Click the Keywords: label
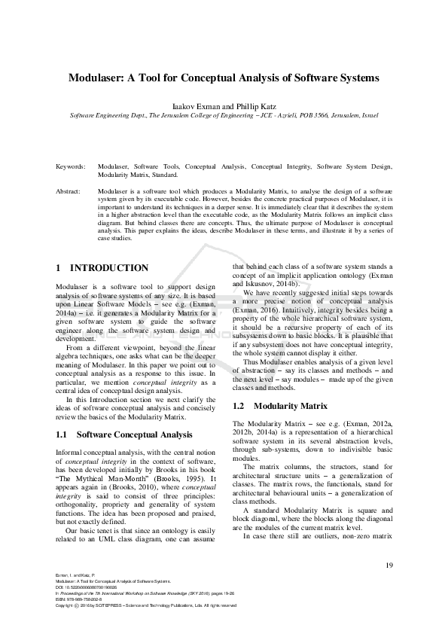71,165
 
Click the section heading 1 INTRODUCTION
102,268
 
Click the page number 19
389,565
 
